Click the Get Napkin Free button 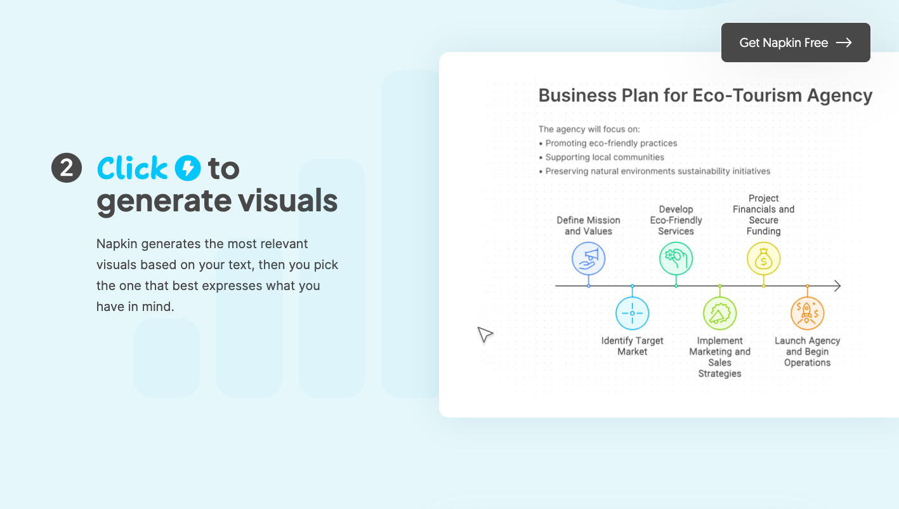(796, 43)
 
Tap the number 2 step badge (67, 168)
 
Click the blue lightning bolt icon (188, 168)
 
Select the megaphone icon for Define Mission (588, 258)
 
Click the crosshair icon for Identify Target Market (632, 313)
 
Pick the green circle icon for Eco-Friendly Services (676, 258)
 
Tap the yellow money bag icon (763, 258)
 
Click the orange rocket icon (807, 313)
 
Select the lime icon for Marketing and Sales (719, 313)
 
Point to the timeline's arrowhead (839, 286)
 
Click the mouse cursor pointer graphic (485, 334)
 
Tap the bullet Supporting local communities (601, 157)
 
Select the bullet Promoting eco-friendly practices (608, 143)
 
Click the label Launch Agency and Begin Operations (807, 352)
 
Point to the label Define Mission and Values (588, 225)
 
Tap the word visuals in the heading (288, 201)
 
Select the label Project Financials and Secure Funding (763, 215)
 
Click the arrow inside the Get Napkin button (844, 43)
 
